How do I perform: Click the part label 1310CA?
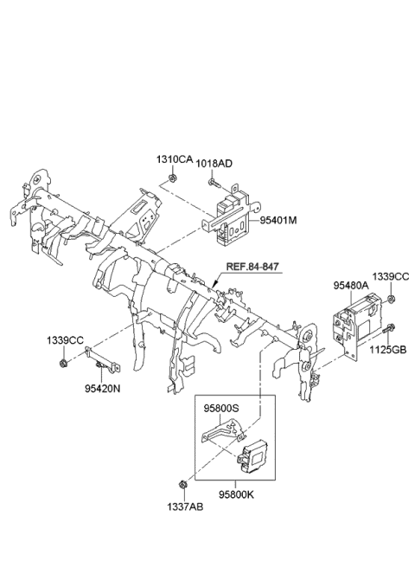(174, 160)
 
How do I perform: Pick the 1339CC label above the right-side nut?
(390, 276)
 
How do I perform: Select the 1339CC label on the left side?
(65, 342)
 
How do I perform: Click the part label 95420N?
(103, 389)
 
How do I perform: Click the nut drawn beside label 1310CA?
(174, 180)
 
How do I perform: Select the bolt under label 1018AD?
(214, 183)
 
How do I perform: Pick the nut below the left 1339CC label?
(64, 362)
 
